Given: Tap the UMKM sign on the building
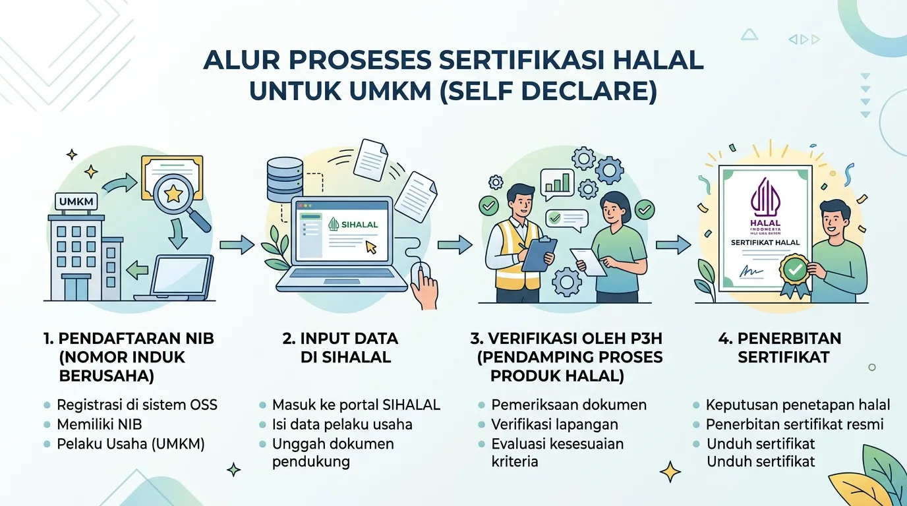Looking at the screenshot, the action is (x=76, y=201).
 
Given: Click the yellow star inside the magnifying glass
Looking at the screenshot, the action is (x=173, y=194).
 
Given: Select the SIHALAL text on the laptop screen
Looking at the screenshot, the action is (x=359, y=224).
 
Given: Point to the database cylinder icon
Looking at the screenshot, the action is (x=285, y=180).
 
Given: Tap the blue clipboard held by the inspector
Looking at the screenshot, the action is (x=538, y=254).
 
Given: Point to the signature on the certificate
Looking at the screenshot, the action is (x=751, y=271).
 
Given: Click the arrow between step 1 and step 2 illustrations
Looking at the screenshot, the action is (x=237, y=244).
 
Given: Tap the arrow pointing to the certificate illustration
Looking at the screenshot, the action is (x=673, y=244).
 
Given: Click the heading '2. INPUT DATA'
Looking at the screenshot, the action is (x=340, y=339).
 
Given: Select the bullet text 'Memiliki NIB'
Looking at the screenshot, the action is (x=99, y=424).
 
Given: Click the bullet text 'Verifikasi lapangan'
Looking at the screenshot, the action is (x=555, y=424).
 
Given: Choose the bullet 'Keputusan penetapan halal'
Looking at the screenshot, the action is (x=798, y=405).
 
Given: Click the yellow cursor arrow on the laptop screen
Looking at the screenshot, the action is (x=371, y=247).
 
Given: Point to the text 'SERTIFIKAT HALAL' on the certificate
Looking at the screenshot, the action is (x=765, y=242).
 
